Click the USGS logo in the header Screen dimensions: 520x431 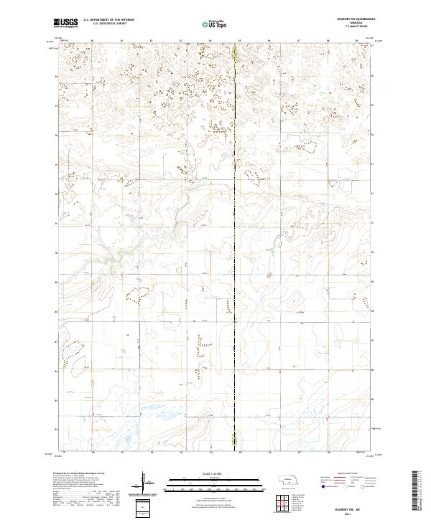(65, 23)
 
